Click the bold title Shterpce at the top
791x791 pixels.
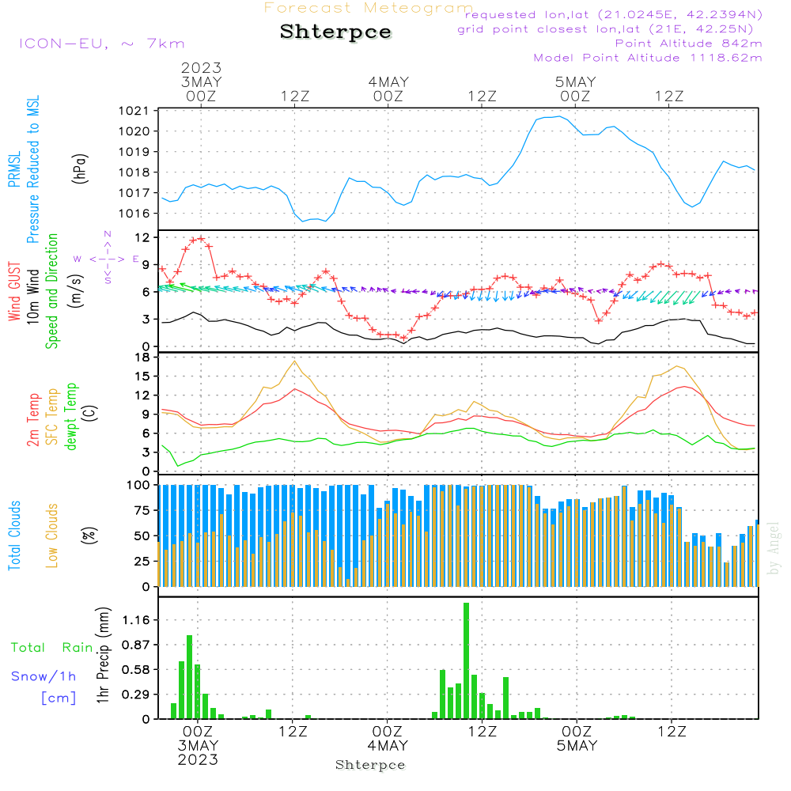click(335, 32)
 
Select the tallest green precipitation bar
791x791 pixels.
click(467, 660)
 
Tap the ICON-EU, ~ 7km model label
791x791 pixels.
click(101, 44)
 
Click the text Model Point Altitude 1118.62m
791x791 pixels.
click(648, 58)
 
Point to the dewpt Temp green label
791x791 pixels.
click(71, 417)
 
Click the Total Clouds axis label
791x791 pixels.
click(15, 536)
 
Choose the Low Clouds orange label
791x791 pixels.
click(52, 536)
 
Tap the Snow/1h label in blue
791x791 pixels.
click(44, 676)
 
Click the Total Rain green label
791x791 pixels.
click(52, 647)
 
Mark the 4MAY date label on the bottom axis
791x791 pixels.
click(388, 746)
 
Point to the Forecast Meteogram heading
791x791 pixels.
click(369, 8)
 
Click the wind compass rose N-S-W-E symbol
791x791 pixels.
click(107, 258)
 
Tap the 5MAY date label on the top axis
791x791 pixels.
click(575, 81)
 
